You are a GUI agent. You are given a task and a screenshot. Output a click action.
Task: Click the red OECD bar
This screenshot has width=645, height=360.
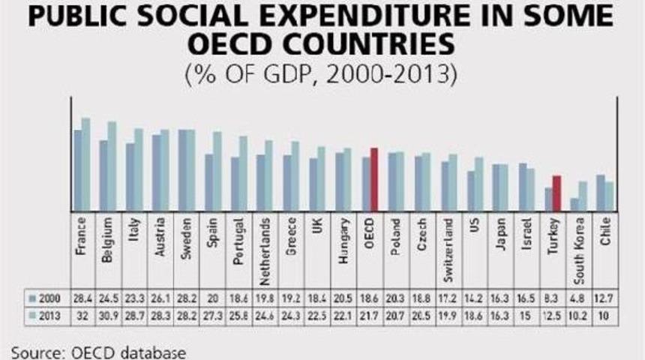click(x=373, y=179)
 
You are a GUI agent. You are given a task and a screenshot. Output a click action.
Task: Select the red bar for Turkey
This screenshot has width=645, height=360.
click(x=556, y=193)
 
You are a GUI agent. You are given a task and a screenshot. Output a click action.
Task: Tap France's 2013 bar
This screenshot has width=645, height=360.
click(x=85, y=164)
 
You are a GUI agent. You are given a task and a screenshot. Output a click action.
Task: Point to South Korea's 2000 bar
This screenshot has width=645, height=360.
click(x=574, y=204)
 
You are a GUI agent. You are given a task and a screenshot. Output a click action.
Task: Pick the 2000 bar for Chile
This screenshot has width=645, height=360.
click(x=601, y=193)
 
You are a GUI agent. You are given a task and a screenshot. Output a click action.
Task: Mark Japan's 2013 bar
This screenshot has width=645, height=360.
click(x=504, y=187)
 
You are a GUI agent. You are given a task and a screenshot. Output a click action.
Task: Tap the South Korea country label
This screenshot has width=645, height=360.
click(x=580, y=244)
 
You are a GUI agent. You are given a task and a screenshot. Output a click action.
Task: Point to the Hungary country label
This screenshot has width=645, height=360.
click(x=344, y=238)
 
